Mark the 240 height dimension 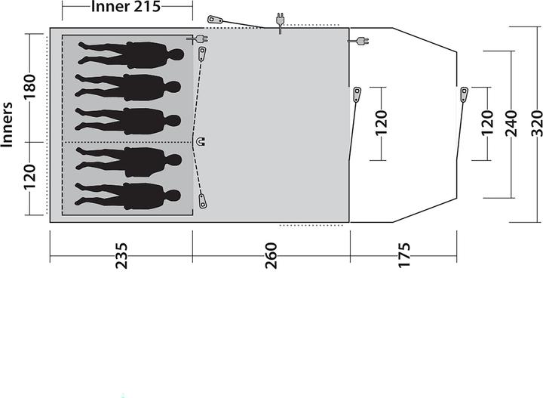(x=512, y=123)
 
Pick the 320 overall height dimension (x=535, y=123)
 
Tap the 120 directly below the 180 (x=29, y=177)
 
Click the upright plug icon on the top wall (x=280, y=23)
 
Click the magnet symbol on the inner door (x=200, y=141)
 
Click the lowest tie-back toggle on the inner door (x=202, y=202)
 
